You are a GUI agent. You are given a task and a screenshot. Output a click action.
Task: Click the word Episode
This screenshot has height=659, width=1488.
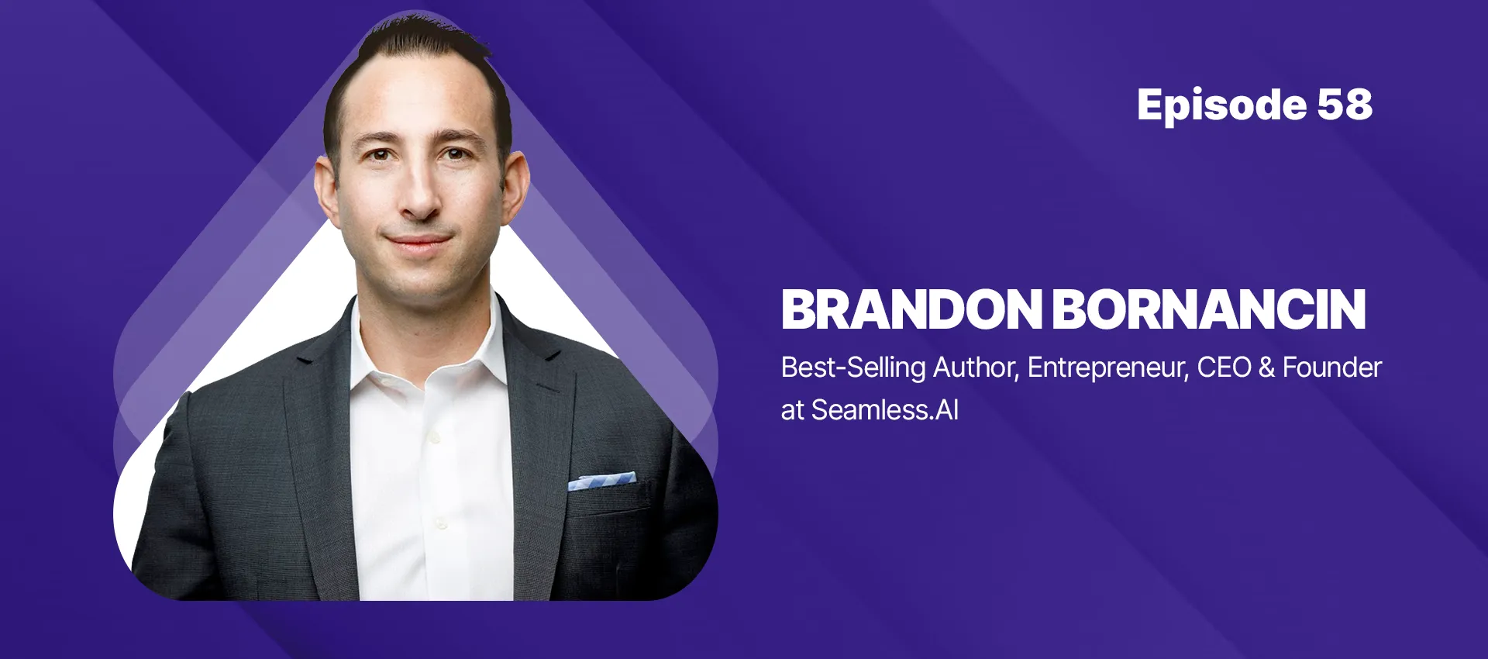(x=1221, y=105)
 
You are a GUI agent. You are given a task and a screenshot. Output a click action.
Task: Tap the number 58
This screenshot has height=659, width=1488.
(x=1345, y=105)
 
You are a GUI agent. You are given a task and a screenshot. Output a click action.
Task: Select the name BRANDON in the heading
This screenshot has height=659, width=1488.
(x=911, y=310)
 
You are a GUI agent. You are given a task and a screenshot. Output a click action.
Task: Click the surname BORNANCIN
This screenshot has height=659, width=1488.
(x=1208, y=310)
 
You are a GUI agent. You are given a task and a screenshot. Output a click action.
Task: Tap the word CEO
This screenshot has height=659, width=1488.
(x=1224, y=367)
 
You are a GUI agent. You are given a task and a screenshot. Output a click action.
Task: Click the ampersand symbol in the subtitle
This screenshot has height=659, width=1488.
(x=1266, y=367)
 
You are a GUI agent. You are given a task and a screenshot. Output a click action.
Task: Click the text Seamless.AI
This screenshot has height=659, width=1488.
(x=884, y=410)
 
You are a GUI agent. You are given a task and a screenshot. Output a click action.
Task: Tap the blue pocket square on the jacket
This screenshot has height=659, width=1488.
(x=601, y=481)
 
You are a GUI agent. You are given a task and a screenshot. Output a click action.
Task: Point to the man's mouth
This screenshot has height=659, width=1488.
(x=418, y=242)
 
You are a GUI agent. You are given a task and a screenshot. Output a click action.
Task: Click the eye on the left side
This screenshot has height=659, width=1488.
(x=379, y=155)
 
